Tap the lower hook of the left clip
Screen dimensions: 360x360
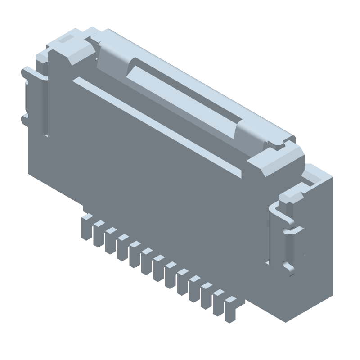coord(25,119)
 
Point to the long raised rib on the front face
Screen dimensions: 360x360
coord(157,126)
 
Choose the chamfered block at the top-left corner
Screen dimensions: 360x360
coord(67,49)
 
